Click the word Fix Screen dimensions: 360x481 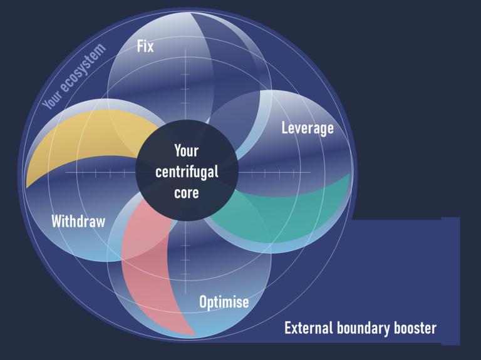pos(145,46)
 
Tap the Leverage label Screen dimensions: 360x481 pos(307,128)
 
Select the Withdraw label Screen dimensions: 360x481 pos(78,221)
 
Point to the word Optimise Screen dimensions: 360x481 pos(224,302)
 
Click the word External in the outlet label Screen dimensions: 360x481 pos(309,328)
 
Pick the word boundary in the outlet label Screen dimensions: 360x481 pos(366,328)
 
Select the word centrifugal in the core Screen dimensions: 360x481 pos(186,171)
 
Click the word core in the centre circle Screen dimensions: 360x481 pos(186,192)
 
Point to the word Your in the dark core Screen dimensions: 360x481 pos(186,151)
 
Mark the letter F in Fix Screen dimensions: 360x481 pos(140,46)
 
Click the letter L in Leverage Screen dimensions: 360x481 pos(285,128)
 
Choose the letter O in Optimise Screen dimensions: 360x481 pos(204,302)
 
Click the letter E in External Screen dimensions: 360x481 pos(287,328)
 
